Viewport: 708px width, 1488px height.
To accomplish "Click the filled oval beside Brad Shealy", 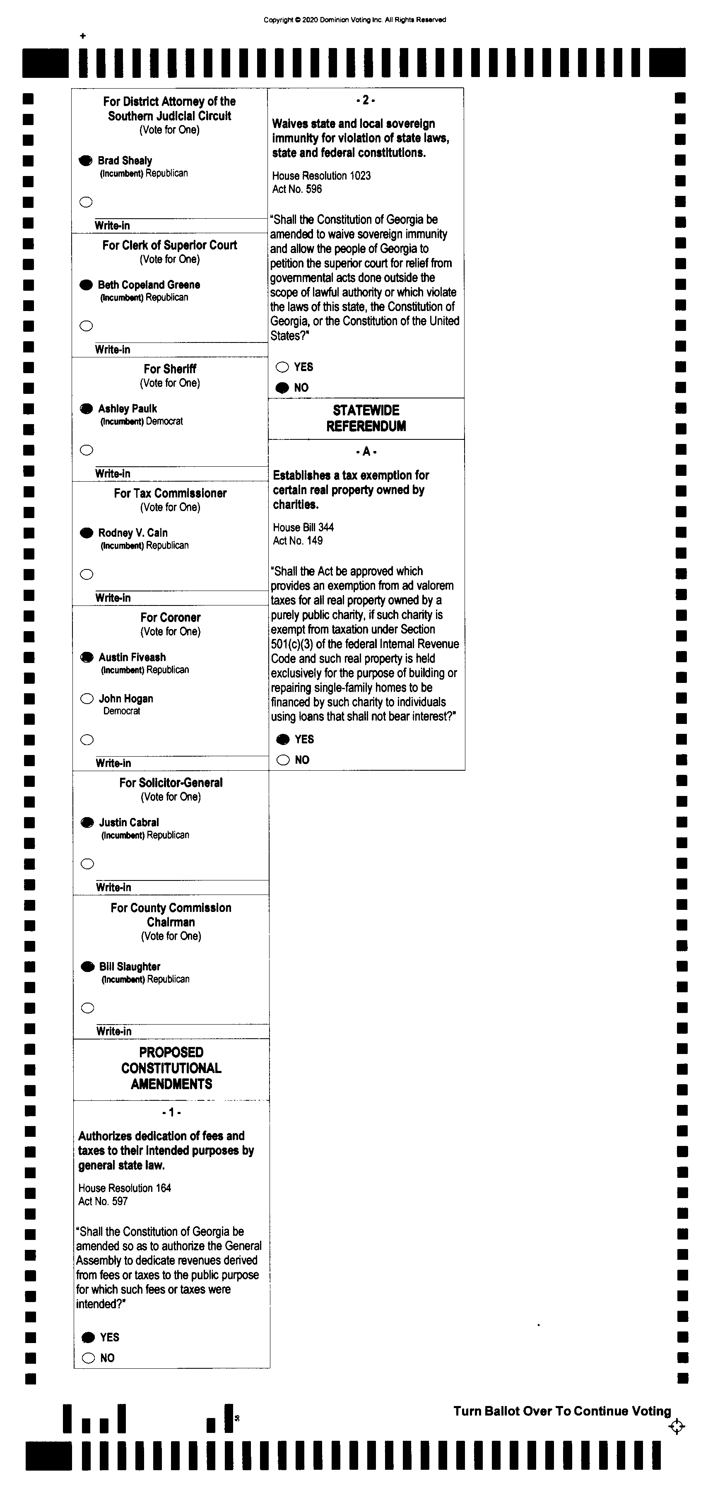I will click(85, 161).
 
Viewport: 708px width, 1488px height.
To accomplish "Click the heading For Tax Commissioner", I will click(170, 493).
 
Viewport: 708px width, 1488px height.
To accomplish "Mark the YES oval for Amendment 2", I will click(282, 367).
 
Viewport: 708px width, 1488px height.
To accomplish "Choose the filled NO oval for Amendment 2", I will click(282, 388).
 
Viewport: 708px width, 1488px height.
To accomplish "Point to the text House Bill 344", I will click(303, 527).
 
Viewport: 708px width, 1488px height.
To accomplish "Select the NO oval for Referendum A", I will click(283, 760).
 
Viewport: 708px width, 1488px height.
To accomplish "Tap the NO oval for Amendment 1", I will click(88, 1358).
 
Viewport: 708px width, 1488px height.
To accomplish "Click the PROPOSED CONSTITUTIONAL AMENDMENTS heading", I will click(171, 1068).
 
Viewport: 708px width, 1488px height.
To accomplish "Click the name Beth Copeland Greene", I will click(149, 285).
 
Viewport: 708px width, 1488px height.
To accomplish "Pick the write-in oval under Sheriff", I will click(87, 450).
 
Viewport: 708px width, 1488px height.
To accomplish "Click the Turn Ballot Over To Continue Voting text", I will click(562, 1411).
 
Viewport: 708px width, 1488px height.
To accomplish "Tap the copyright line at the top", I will click(354, 19).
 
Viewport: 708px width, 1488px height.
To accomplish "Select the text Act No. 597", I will click(103, 1201).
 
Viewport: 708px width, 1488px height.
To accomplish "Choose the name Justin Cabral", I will click(129, 822).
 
